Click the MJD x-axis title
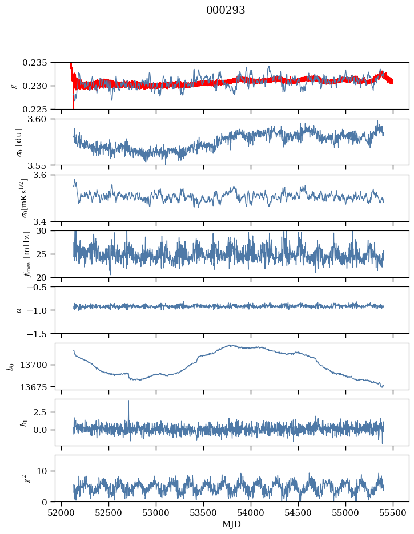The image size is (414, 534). tap(232, 524)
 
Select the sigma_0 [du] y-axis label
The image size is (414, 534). tap(19, 142)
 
